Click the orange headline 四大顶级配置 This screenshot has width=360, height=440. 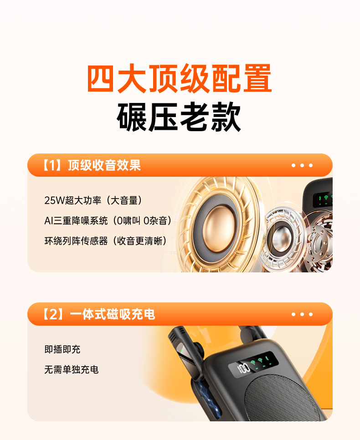tap(180, 78)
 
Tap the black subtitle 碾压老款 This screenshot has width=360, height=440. tap(179, 117)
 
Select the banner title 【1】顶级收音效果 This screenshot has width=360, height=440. tap(91, 165)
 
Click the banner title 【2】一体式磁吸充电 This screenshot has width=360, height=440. tap(98, 314)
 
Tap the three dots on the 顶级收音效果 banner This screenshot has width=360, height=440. tap(302, 165)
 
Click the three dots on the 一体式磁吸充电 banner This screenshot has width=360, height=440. tap(302, 314)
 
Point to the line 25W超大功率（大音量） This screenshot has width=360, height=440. tap(93, 200)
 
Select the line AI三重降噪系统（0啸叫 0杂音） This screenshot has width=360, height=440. tap(108, 220)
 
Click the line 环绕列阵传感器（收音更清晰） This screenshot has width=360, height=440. tap(106, 241)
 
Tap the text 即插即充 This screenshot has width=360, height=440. tap(62, 349)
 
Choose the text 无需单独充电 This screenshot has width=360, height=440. tap(72, 369)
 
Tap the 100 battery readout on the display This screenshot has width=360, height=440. tap(243, 368)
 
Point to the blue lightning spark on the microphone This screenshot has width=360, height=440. tap(208, 399)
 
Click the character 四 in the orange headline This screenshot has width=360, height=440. tap(101, 78)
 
